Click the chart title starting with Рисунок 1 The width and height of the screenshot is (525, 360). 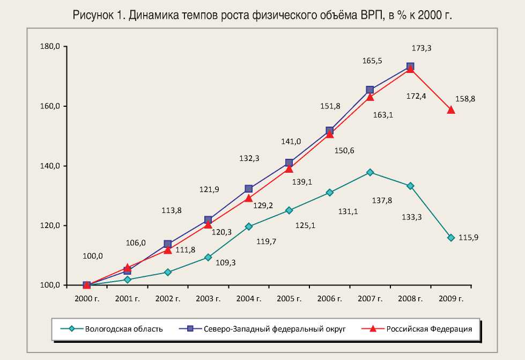(x=262, y=16)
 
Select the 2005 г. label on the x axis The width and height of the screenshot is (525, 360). (x=289, y=298)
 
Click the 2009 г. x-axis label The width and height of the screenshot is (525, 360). (x=451, y=298)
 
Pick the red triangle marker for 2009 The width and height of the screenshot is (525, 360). (x=451, y=110)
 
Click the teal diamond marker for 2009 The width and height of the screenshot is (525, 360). (x=451, y=238)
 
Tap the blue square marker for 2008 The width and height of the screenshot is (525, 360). (x=410, y=67)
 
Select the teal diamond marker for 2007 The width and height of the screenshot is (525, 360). (x=370, y=172)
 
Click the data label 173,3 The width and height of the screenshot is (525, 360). (x=422, y=48)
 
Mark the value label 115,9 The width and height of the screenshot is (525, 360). (x=468, y=237)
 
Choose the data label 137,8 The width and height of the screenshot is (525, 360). (x=381, y=200)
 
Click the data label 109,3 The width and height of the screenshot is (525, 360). (x=226, y=262)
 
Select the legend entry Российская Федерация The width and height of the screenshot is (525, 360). (x=429, y=329)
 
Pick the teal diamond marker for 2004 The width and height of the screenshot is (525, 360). (x=248, y=226)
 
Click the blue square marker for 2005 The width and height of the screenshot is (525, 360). (x=289, y=163)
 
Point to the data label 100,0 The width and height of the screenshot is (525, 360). (x=93, y=256)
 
